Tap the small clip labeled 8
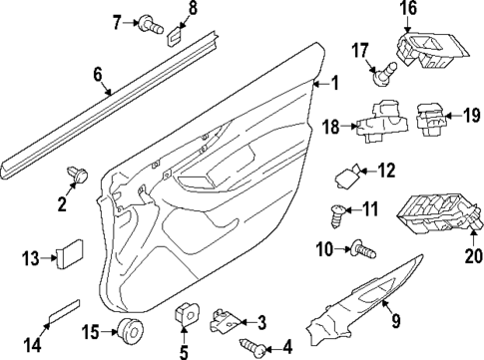coord(175,38)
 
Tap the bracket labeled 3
coord(227,321)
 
